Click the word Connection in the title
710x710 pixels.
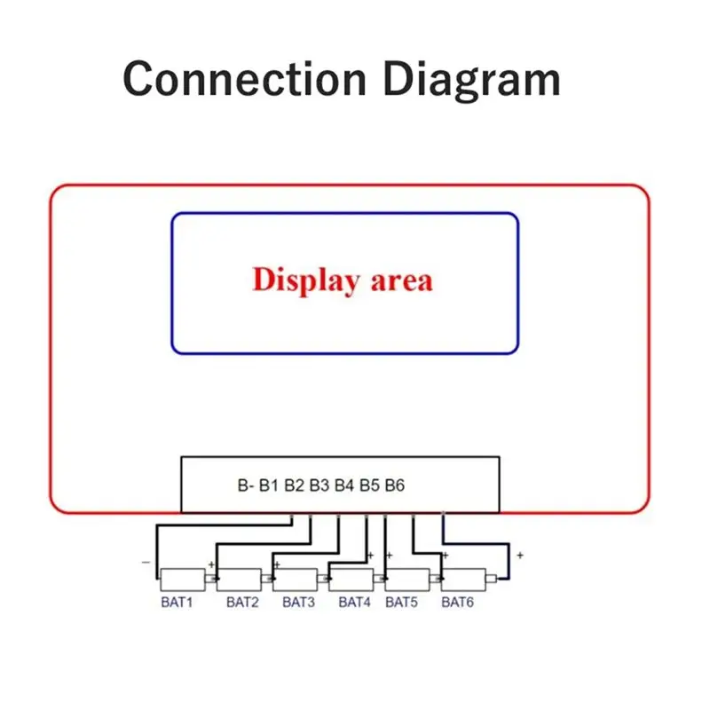(245, 79)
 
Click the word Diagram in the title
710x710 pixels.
(472, 80)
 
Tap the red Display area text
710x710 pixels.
(343, 280)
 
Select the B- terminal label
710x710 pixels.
(246, 485)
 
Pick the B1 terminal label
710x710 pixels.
(269, 485)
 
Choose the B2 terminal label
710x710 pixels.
(294, 485)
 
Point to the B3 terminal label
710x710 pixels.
(319, 485)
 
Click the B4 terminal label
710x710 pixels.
(344, 485)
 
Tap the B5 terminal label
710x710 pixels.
(369, 485)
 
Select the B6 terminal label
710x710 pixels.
(395, 485)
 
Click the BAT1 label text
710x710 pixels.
(177, 603)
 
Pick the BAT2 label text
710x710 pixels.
(242, 603)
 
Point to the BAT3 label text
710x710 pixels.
(298, 603)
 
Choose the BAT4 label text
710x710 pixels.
(354, 603)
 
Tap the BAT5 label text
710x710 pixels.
(402, 603)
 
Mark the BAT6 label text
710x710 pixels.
(457, 603)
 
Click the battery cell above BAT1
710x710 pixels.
(183, 580)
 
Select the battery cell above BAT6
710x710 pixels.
(463, 580)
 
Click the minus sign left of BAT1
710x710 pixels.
(146, 563)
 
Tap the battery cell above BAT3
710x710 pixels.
(296, 580)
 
